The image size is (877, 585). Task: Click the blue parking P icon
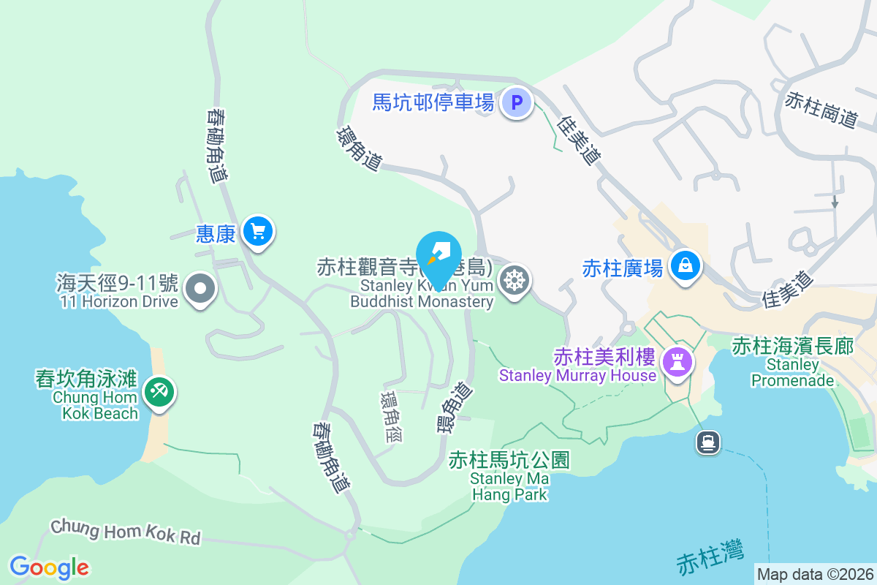(517, 102)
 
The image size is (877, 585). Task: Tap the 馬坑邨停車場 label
(433, 102)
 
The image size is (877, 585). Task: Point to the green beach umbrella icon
(158, 391)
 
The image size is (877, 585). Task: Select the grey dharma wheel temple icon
(515, 280)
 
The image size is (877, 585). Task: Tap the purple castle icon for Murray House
(677, 360)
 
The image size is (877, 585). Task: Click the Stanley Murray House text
(577, 376)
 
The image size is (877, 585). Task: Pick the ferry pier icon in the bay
(707, 442)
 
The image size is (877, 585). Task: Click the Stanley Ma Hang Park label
(509, 486)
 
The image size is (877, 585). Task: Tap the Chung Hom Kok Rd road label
(125, 532)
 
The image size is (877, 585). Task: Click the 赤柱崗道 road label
(821, 110)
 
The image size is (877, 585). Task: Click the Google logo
(50, 567)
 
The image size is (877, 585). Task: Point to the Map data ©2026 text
(815, 574)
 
